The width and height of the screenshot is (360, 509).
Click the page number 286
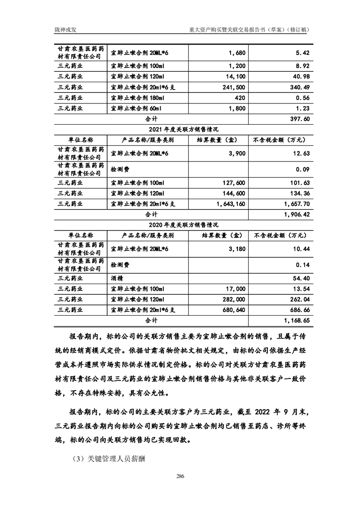pos(180,476)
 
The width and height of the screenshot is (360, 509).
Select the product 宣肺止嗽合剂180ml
pos(134,98)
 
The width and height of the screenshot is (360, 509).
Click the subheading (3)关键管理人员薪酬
pos(108,459)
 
